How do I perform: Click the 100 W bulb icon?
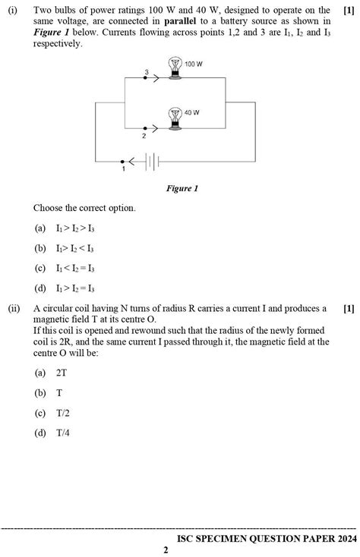point(175,68)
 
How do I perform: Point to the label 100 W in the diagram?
point(194,65)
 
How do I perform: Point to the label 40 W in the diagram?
point(191,112)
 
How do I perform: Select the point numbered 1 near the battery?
point(123,162)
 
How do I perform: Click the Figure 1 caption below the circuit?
point(182,188)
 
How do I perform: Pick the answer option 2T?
point(62,373)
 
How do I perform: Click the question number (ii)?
point(14,309)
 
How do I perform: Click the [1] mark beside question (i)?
point(349,10)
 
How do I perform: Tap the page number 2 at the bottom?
point(166,550)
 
